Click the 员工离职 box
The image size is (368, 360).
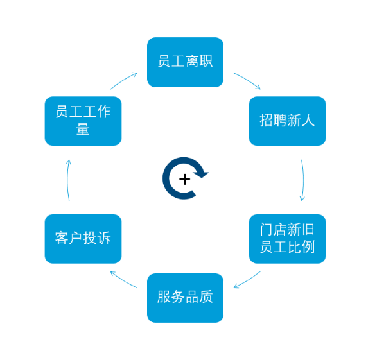pos(185,62)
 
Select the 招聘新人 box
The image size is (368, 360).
pos(287,121)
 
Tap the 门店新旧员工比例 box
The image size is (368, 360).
pos(287,239)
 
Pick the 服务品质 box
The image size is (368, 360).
pos(185,298)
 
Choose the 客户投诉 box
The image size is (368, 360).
pos(83,239)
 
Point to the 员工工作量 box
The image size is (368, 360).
pos(83,121)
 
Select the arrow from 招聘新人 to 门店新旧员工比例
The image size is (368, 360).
pos(303,180)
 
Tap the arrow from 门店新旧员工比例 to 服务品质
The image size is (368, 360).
pos(248,280)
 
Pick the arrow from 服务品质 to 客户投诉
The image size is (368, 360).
pos(123,280)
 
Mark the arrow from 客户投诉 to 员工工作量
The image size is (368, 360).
pos(67,180)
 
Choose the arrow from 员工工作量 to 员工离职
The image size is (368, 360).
pos(124,80)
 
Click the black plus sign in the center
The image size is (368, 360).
pos(185,180)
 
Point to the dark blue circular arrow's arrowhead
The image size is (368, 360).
pos(201,175)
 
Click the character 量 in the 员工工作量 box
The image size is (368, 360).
pos(83,129)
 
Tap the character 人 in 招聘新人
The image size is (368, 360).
pos(308,120)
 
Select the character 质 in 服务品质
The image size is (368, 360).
pos(206,296)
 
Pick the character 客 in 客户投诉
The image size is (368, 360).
pos(62,238)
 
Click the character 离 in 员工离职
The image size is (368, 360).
pos(192,61)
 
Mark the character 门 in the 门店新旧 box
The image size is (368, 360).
pos(267,229)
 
